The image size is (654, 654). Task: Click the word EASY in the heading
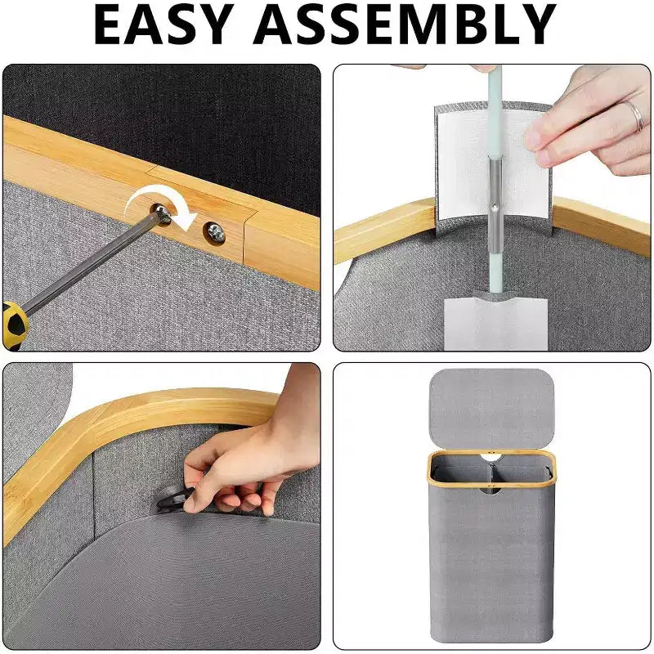163,25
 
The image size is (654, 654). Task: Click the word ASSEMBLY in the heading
405,25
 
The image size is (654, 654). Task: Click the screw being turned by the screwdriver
161,213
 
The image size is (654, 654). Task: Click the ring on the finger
635,116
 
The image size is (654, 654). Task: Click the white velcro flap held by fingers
492,163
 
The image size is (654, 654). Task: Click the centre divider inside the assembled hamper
491,475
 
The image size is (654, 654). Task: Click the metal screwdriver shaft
87,263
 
